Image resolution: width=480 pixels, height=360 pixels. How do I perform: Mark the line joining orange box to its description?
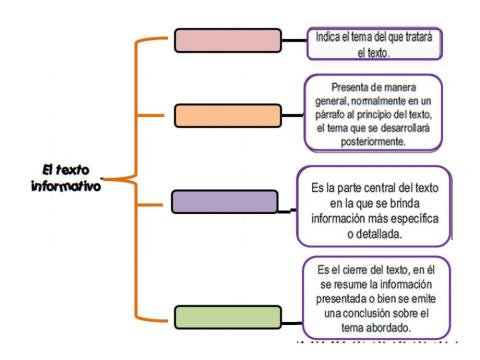coord(284,114)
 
